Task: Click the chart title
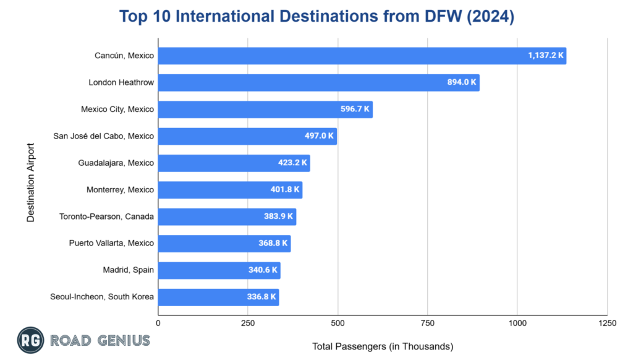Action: click(316, 17)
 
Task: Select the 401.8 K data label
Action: click(285, 190)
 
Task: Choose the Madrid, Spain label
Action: click(129, 270)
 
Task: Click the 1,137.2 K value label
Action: click(546, 56)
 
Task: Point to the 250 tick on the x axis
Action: click(248, 324)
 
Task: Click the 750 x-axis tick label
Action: click(428, 324)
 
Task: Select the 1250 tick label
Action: click(607, 324)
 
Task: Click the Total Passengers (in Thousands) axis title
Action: click(383, 346)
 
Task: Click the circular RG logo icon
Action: click(28, 341)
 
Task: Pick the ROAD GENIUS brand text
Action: click(100, 341)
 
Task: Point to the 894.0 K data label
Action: click(462, 82)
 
